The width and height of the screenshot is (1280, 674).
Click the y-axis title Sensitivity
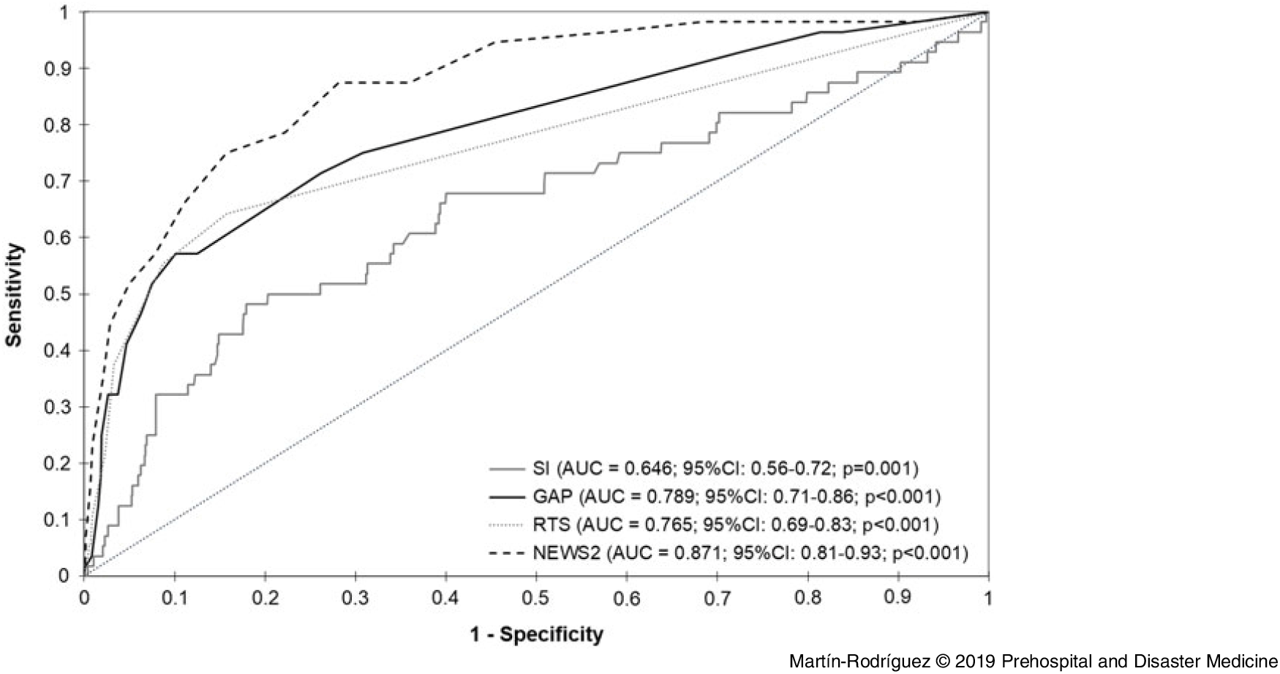[16, 294]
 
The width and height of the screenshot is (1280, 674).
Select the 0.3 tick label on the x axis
[355, 599]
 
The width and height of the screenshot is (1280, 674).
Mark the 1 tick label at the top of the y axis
[66, 12]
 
